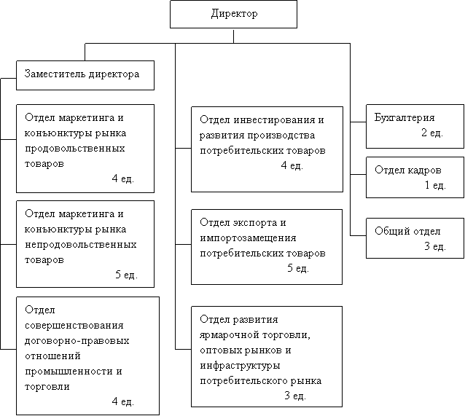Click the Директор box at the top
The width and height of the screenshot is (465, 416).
tap(233, 15)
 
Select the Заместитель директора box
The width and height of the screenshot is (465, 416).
tap(85, 75)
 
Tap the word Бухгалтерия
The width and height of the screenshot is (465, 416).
tap(405, 117)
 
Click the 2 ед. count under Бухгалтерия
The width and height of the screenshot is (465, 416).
tap(431, 133)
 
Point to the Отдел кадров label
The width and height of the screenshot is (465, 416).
tap(407, 170)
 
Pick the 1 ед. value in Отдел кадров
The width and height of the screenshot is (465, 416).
tap(435, 185)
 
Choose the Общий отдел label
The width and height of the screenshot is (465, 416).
tap(407, 231)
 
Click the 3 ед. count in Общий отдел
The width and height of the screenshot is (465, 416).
tap(435, 246)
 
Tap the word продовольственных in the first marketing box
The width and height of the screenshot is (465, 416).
tap(75, 148)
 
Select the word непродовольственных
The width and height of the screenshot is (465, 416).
tap(81, 244)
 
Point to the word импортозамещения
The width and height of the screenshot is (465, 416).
tap(248, 238)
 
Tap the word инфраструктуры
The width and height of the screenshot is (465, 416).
tap(240, 366)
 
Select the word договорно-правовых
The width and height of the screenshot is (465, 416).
tap(77, 341)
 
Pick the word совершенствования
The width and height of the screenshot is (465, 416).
tap(74, 325)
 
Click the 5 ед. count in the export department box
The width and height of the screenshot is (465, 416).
tap(298, 268)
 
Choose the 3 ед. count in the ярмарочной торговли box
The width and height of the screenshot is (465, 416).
tap(295, 396)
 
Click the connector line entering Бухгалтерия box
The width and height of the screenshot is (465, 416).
tap(359, 122)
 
